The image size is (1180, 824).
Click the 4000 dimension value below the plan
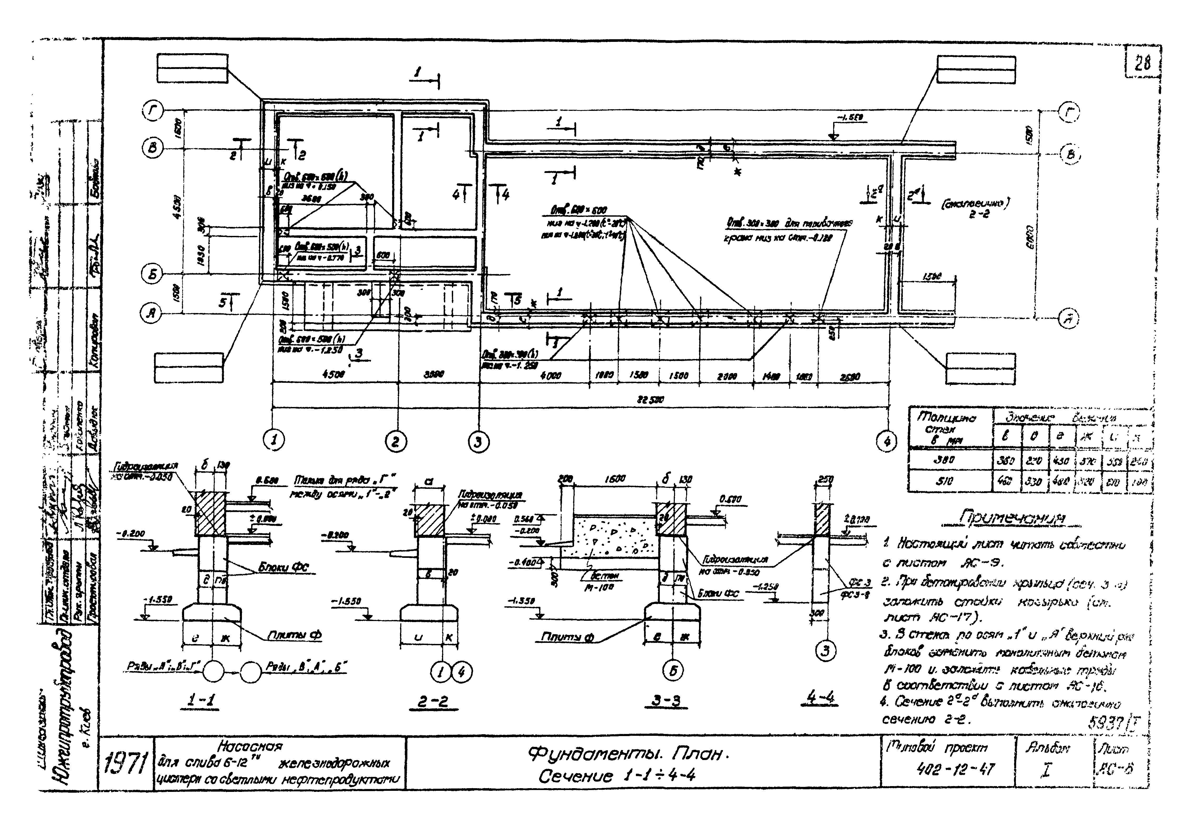pos(550,376)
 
